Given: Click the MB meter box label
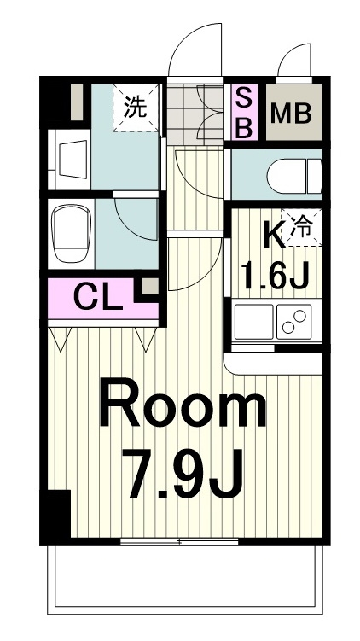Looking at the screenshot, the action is (x=291, y=114).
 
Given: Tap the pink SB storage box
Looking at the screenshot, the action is (x=245, y=113).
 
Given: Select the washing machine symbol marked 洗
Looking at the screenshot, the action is (x=136, y=108).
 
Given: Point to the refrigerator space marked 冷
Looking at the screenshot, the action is (x=301, y=227).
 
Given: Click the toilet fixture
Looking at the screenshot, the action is (x=294, y=176).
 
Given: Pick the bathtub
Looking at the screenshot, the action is (x=71, y=233).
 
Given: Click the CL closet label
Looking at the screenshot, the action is (x=98, y=299).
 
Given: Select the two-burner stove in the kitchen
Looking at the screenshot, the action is (x=293, y=322).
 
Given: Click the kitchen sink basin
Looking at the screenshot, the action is (x=253, y=322).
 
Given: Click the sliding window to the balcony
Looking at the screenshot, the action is (x=179, y=542).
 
